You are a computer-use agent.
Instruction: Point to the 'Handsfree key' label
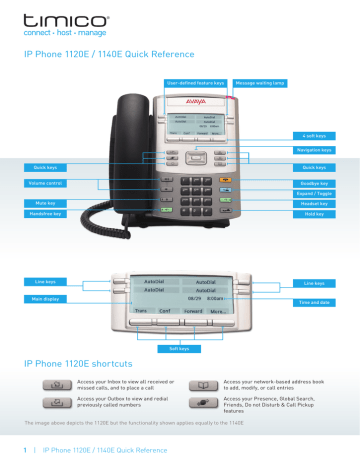tap(44, 215)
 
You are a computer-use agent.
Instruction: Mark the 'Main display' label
tap(44, 299)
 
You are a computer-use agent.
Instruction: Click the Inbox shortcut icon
tap(52, 384)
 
